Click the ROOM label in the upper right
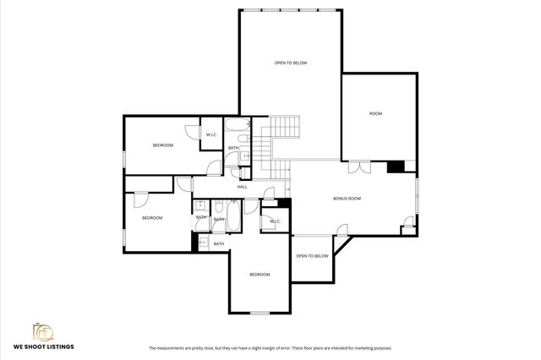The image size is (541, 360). coord(376,113)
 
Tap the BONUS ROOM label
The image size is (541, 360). coord(347,198)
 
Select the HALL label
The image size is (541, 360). coord(242,187)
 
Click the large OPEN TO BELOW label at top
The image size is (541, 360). coord(290,63)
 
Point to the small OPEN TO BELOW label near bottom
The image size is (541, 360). coord(312,256)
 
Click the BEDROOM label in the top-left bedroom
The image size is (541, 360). coord(162,145)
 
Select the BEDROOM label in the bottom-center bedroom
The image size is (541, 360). coord(259,275)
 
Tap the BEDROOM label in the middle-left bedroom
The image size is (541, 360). coord(152,218)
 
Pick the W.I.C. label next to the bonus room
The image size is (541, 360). coord(275,221)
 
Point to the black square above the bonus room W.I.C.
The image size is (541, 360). coord(284,203)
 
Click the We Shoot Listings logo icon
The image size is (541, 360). coord(42,330)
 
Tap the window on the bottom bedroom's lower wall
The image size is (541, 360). coord(260,314)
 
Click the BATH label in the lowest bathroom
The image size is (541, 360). coord(218,244)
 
